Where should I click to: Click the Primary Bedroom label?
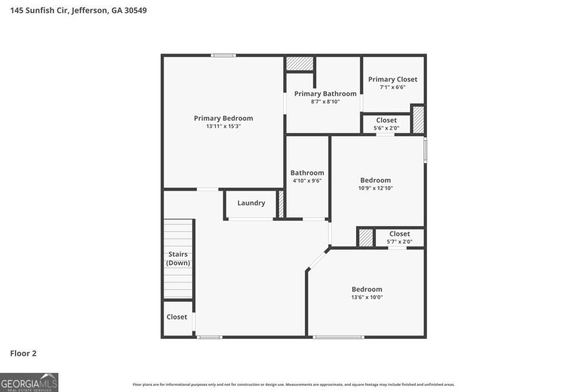pyautogui.click(x=223, y=118)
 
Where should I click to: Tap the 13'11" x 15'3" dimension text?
pyautogui.click(x=223, y=126)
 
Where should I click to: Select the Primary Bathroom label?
pyautogui.click(x=325, y=94)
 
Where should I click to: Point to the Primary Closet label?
pyautogui.click(x=393, y=79)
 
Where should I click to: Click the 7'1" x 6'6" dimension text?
pyautogui.click(x=393, y=87)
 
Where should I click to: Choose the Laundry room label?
pyautogui.click(x=251, y=203)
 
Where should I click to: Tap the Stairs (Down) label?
pyautogui.click(x=178, y=258)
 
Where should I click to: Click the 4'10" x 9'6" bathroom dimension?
pyautogui.click(x=307, y=181)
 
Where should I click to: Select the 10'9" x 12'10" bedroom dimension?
pyautogui.click(x=375, y=188)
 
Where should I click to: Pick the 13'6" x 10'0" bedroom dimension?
pyautogui.click(x=367, y=297)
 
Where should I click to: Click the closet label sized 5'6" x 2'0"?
pyautogui.click(x=386, y=121)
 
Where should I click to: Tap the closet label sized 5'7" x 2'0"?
pyautogui.click(x=400, y=234)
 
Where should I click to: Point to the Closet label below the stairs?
pyautogui.click(x=177, y=317)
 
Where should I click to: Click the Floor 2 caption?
pyautogui.click(x=23, y=354)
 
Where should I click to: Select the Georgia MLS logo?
pyautogui.click(x=29, y=382)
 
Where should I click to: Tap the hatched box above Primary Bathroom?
pyautogui.click(x=299, y=64)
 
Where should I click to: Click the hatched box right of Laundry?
pyautogui.click(x=281, y=204)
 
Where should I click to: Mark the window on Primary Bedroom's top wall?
pyautogui.click(x=223, y=55)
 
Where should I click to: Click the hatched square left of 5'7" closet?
pyautogui.click(x=366, y=238)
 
